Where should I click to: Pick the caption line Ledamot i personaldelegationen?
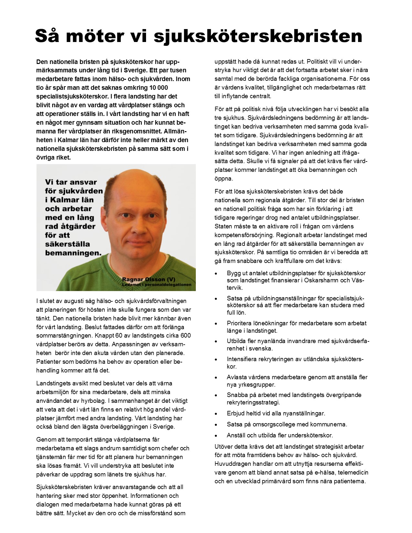pyautogui.click(x=157, y=285)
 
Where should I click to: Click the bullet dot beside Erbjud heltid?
pyautogui.click(x=216, y=414)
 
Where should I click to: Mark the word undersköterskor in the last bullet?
pyautogui.click(x=310, y=435)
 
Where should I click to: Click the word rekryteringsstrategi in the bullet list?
pyautogui.click(x=253, y=402)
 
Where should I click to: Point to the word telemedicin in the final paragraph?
pyautogui.click(x=351, y=473)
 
